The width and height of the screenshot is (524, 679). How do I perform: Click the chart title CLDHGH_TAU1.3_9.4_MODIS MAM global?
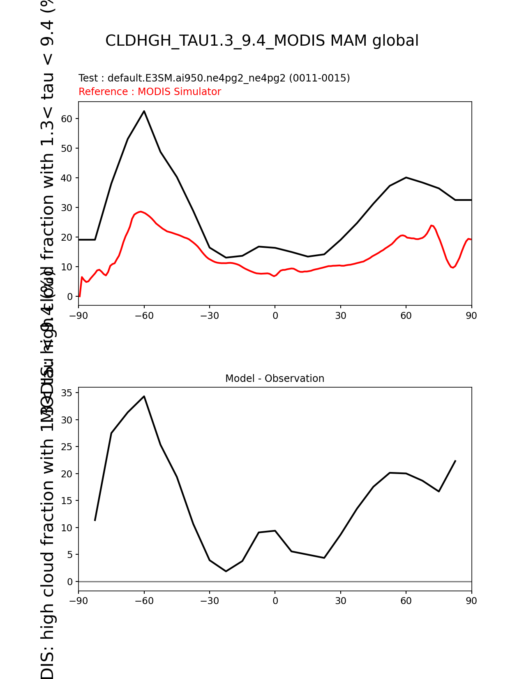(262, 41)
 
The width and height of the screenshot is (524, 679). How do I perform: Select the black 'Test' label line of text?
(214, 78)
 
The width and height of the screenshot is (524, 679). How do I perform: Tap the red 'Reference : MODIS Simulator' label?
(150, 92)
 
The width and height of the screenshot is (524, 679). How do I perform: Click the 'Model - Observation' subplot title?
(275, 379)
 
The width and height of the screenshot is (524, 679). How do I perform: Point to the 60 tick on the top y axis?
(67, 119)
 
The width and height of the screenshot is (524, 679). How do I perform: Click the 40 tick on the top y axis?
(67, 178)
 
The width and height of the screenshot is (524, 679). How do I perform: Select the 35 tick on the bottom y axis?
(67, 393)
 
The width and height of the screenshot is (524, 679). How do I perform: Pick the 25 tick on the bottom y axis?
(67, 447)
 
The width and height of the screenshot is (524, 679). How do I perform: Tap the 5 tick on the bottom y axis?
(70, 555)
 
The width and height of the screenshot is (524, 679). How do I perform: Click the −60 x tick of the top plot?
(144, 316)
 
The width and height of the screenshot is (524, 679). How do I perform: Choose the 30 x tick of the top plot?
(340, 316)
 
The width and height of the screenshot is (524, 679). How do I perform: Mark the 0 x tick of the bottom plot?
(275, 601)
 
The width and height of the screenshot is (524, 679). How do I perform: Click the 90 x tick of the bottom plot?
(471, 601)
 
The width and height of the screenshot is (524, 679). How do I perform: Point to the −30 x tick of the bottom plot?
(209, 601)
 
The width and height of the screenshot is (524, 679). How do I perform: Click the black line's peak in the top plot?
(144, 111)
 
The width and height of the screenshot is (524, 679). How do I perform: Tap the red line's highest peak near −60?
(141, 212)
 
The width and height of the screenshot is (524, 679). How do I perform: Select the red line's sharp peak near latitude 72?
(432, 225)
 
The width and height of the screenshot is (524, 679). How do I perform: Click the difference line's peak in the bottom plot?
(144, 396)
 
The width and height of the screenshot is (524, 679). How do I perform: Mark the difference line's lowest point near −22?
(226, 571)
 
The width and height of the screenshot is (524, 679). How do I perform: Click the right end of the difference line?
(455, 461)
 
